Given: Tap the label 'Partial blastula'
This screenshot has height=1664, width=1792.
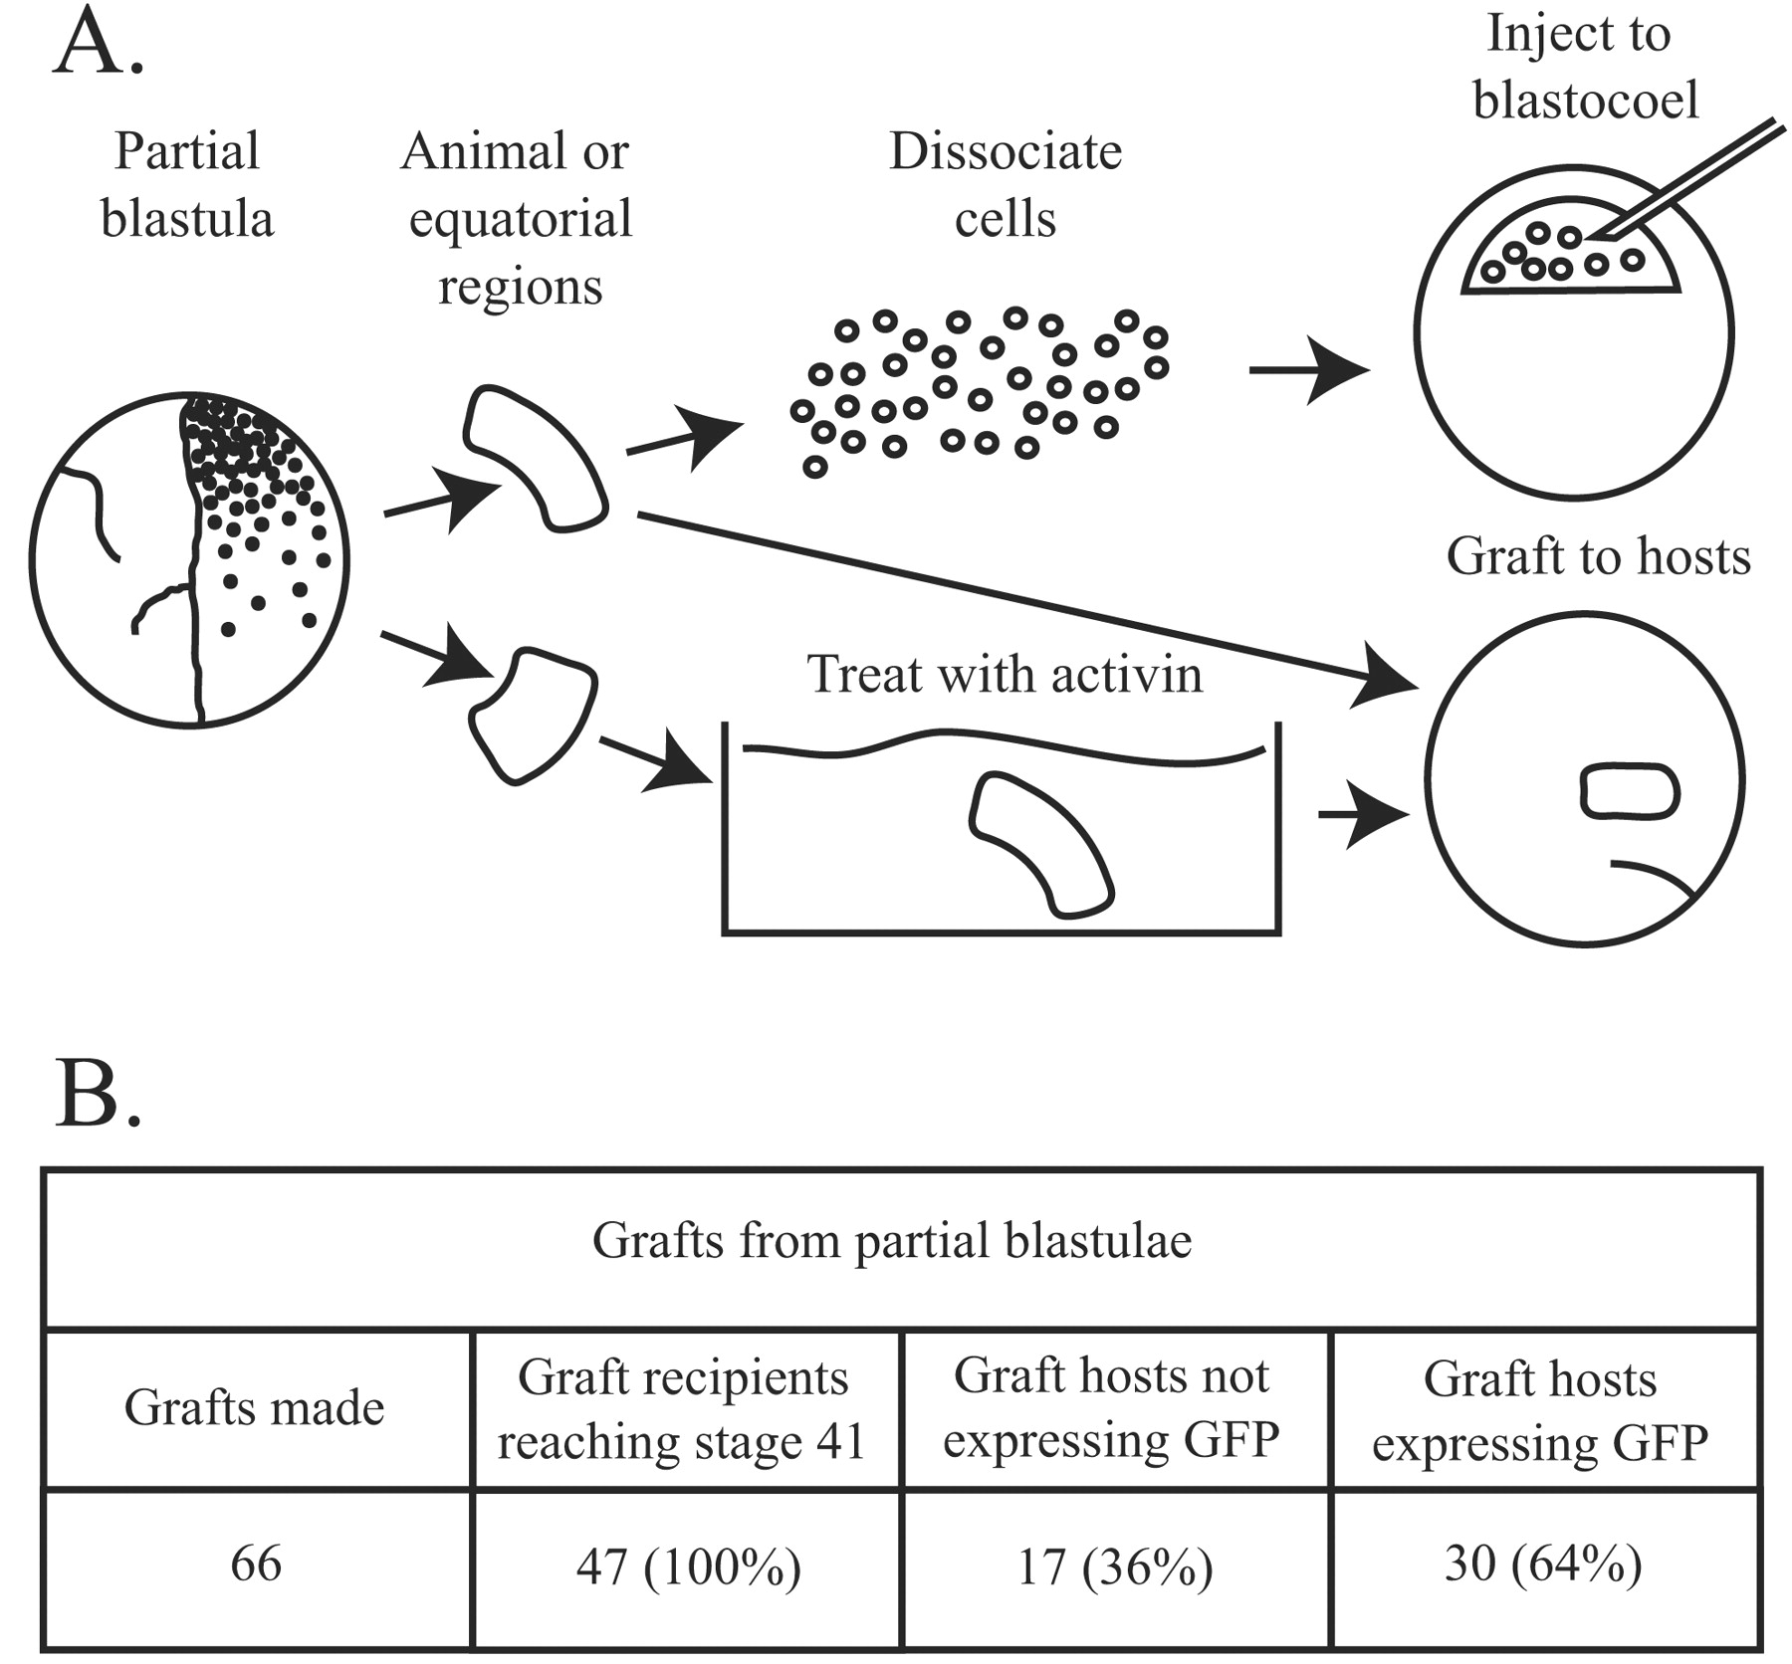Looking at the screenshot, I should (x=187, y=184).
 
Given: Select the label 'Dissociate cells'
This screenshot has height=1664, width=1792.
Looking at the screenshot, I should (x=1006, y=184).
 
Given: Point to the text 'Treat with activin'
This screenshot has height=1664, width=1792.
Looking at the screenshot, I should (x=1005, y=674).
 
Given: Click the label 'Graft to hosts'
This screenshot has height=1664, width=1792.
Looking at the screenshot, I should (x=1598, y=555).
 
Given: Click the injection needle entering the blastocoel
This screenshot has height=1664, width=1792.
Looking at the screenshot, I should (x=1692, y=179).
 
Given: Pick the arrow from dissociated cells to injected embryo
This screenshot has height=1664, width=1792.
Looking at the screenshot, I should (x=1309, y=370).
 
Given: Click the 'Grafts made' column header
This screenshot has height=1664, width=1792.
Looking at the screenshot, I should (x=255, y=1407).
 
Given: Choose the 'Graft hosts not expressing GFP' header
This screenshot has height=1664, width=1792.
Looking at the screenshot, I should (x=1112, y=1407).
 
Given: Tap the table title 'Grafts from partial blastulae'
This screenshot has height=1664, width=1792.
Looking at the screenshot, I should (x=892, y=1241).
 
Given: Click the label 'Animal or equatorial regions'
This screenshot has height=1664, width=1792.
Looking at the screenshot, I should (x=518, y=219).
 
